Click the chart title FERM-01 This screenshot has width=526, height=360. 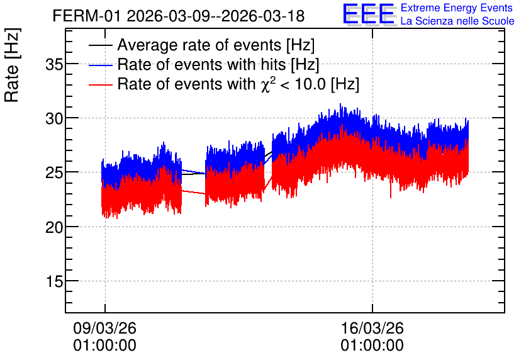[87, 16]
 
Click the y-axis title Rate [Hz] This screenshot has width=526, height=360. [12, 65]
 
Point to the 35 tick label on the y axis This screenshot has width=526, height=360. [54, 64]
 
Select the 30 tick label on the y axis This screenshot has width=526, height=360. [54, 118]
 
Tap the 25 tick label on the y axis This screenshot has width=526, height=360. [54, 172]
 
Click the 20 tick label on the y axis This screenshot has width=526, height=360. [54, 227]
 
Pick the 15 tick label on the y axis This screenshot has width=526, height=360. [55, 281]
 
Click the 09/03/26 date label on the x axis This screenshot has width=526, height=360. [104, 328]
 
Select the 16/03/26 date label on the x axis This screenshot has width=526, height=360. [372, 328]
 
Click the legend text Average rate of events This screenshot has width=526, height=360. [216, 45]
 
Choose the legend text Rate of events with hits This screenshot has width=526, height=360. [218, 64]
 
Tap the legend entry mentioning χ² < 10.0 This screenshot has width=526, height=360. [238, 84]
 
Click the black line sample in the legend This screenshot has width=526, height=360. [100, 45]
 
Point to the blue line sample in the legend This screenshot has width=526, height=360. [100, 65]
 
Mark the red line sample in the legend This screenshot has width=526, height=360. [100, 84]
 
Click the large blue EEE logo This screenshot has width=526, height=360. [369, 14]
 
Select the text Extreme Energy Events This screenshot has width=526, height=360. [457, 8]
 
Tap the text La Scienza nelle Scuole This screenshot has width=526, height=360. [457, 21]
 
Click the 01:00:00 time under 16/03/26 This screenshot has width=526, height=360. [372, 346]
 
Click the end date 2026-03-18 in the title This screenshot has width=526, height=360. [263, 16]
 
